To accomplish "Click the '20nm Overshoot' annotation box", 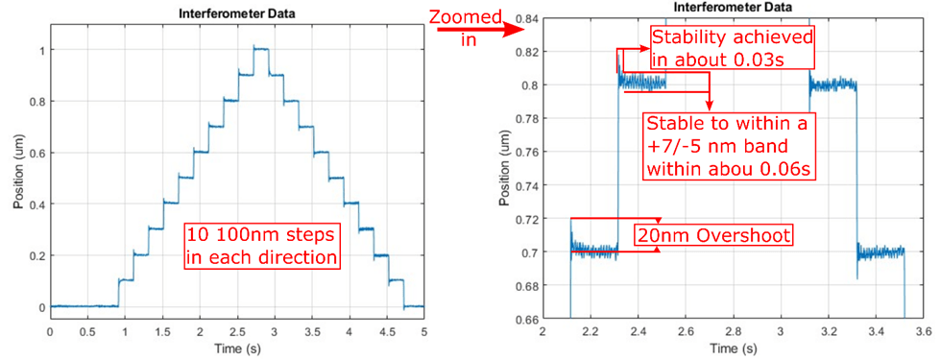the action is coord(714,235).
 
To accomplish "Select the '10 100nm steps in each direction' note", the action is coord(261,247).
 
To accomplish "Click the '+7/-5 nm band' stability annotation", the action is coord(729,147).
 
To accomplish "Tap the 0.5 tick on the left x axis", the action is coord(88,331).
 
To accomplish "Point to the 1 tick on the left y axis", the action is coord(42,50).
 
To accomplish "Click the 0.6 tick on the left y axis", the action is coord(39,153).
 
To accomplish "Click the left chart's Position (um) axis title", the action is coord(19,179).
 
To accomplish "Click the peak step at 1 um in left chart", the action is coord(261,49).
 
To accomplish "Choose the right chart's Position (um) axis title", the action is coord(506,168).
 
